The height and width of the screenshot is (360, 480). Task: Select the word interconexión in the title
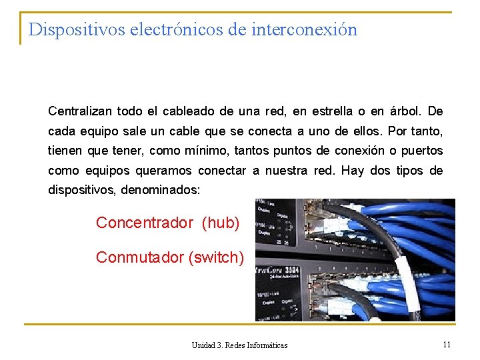305,30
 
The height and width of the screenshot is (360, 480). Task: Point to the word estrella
335,111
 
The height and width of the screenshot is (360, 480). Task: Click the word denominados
160,191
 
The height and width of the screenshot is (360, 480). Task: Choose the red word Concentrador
145,223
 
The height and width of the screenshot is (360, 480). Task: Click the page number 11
447,344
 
